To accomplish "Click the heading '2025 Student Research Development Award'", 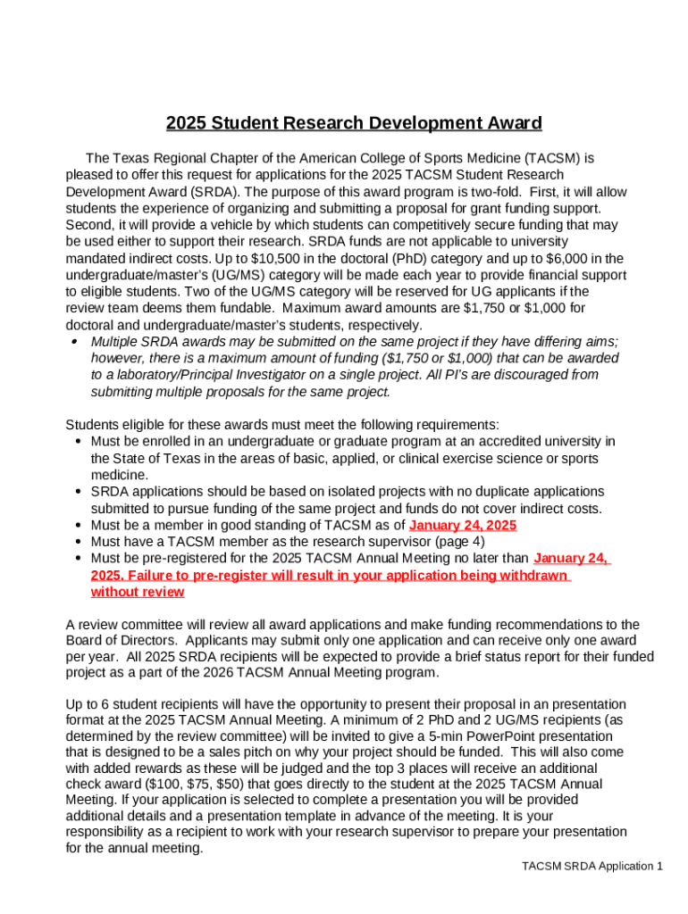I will click(x=354, y=123).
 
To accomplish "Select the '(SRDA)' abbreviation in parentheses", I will click(x=214, y=192).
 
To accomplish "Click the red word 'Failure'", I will click(x=155, y=575).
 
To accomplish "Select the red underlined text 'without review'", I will click(x=138, y=592).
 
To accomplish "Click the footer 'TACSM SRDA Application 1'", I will click(x=592, y=867).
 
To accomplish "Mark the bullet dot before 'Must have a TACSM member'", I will click(x=80, y=542).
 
